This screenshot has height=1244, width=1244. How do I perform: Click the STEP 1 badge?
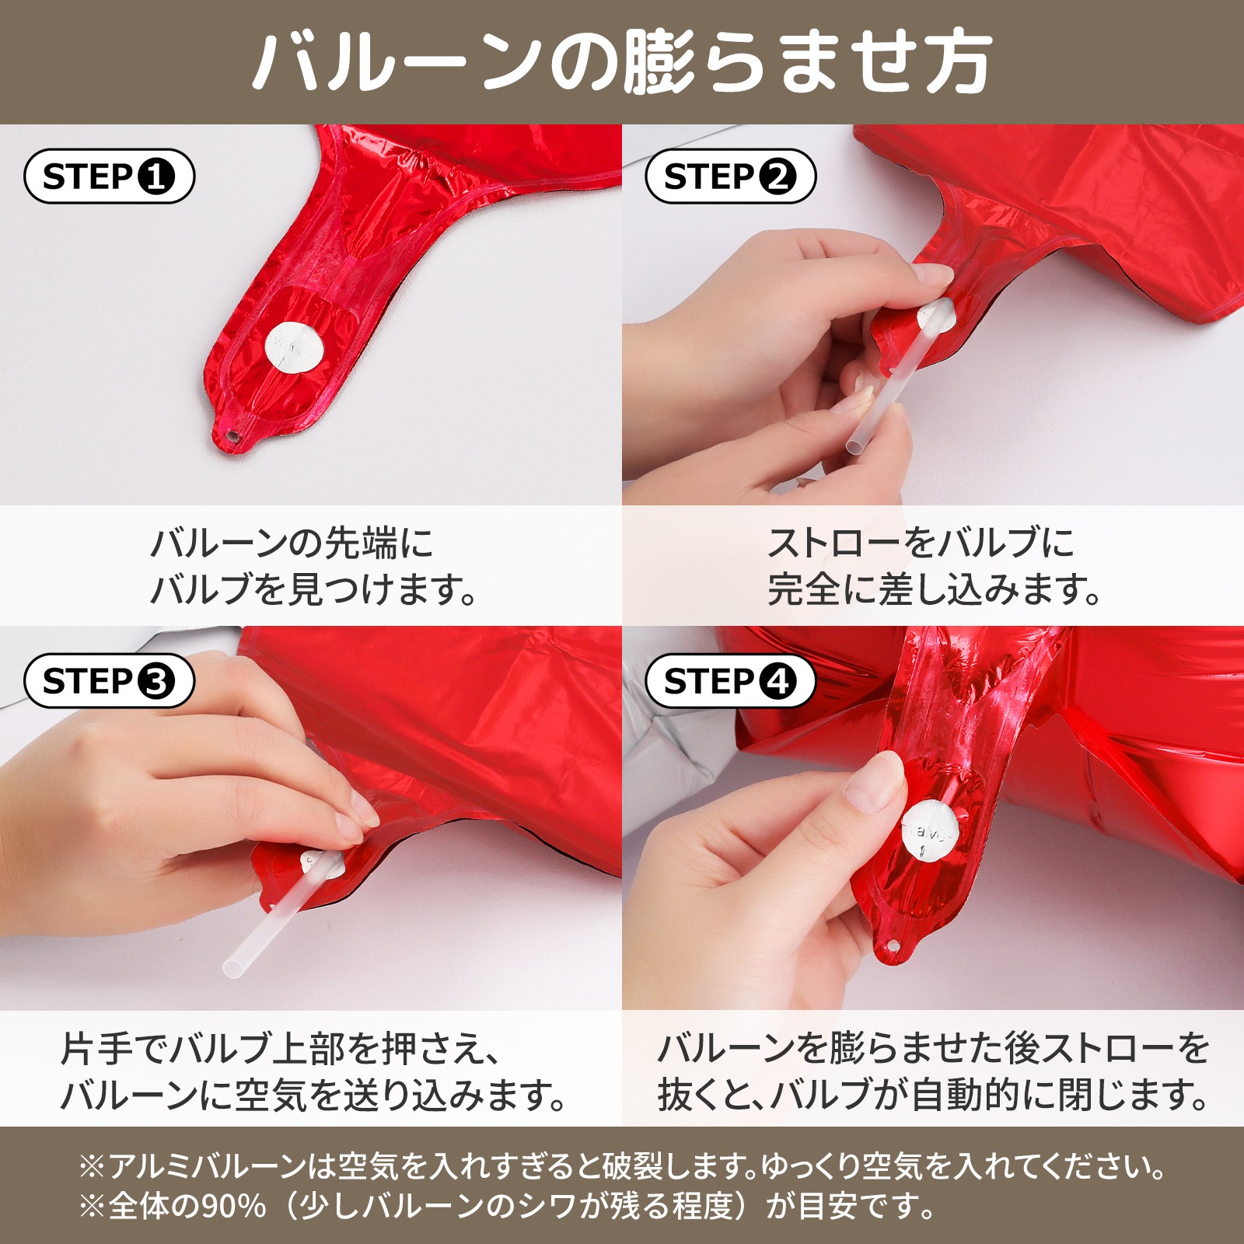[109, 176]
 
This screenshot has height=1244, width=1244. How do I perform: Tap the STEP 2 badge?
[730, 176]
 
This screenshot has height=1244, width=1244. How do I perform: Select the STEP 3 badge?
[109, 681]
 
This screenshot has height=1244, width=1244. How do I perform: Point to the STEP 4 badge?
[730, 681]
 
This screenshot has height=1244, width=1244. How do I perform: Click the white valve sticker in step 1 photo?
[294, 348]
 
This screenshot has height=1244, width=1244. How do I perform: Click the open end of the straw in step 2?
[855, 449]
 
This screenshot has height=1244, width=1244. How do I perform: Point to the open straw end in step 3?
[232, 969]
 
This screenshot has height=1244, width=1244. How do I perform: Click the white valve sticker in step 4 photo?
[933, 833]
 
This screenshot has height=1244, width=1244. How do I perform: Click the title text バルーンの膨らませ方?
[622, 62]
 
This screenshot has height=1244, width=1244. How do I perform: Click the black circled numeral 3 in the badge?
[155, 682]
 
